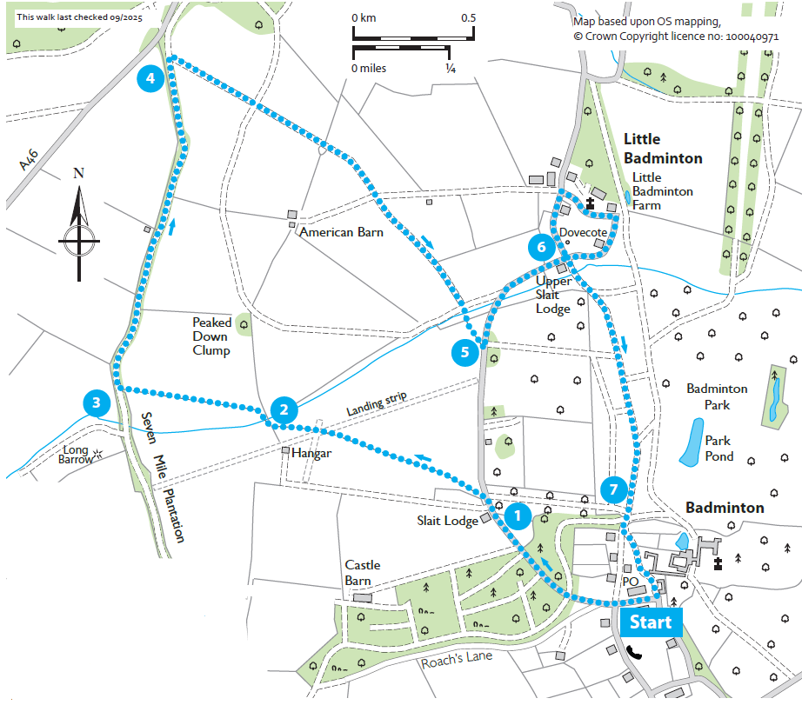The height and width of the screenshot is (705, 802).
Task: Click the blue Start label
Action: (x=651, y=622)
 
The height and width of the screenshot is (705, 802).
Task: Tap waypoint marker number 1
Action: (x=518, y=515)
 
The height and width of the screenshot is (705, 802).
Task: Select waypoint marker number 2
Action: (x=284, y=409)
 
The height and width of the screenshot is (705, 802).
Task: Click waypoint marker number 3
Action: (x=96, y=402)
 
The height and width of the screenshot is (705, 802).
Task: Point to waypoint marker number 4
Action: (x=150, y=78)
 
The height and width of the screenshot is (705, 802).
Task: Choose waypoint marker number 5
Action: (x=464, y=352)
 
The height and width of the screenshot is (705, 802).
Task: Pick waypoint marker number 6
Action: (x=541, y=247)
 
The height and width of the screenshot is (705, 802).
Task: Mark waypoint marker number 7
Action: (x=613, y=490)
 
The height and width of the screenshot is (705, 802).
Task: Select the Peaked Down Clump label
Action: (x=211, y=336)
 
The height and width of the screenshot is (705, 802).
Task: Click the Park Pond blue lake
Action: (x=692, y=442)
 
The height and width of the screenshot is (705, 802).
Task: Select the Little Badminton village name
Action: (x=662, y=149)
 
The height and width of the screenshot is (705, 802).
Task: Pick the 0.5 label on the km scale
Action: (x=468, y=17)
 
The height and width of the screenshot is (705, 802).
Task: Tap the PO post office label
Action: (x=631, y=581)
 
